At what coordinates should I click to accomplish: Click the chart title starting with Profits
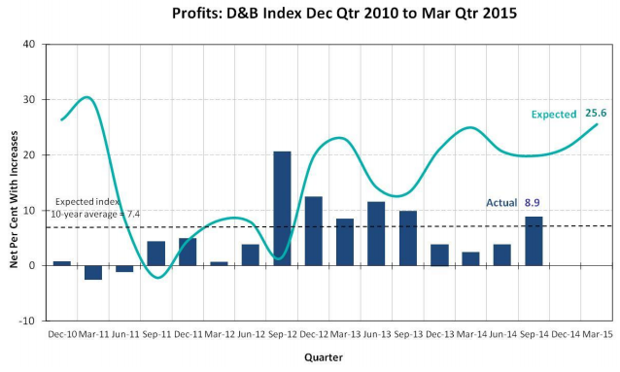click(344, 14)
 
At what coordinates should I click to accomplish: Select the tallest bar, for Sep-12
click(282, 208)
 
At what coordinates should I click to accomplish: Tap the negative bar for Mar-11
click(93, 272)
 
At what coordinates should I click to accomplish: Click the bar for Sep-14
click(534, 241)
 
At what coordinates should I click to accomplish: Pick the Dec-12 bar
click(314, 231)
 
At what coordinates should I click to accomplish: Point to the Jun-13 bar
click(376, 234)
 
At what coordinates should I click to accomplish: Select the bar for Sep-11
click(156, 254)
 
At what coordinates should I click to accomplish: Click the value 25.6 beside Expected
click(596, 113)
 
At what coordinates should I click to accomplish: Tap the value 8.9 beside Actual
click(533, 203)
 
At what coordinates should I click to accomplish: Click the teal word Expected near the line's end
click(554, 115)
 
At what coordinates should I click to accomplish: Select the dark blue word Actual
click(501, 203)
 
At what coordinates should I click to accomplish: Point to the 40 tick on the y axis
click(30, 44)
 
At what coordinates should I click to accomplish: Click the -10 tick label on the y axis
click(27, 321)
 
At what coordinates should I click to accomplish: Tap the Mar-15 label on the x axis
click(598, 334)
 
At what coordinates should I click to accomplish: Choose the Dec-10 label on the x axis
click(62, 334)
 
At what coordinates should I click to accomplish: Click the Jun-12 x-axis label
click(251, 334)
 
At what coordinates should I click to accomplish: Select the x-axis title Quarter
click(324, 357)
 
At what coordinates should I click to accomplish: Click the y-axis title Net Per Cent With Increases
click(14, 199)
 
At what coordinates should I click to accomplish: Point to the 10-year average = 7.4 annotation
click(95, 215)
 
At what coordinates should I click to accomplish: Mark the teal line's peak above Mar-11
click(87, 97)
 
